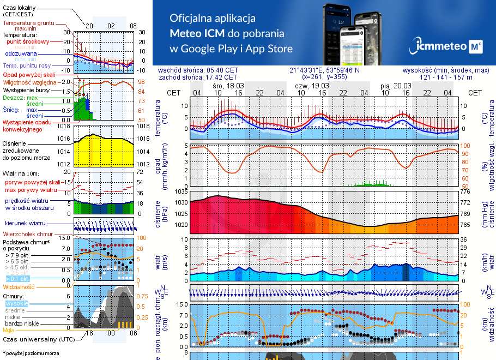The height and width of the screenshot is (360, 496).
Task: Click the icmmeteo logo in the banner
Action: [x=448, y=47]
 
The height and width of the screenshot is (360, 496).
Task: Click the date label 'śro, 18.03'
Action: [x=228, y=86]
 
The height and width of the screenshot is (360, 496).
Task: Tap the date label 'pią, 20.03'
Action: [x=396, y=86]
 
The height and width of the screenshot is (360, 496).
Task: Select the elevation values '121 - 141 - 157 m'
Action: [x=446, y=77]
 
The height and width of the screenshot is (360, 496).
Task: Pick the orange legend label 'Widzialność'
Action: [x=19, y=286]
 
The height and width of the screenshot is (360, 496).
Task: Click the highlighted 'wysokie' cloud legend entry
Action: [x=16, y=303]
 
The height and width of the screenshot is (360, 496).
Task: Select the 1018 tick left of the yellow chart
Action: [x=64, y=127]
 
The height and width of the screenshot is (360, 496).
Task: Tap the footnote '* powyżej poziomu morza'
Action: [x=31, y=353]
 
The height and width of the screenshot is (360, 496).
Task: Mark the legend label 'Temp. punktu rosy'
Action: [x=31, y=66]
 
